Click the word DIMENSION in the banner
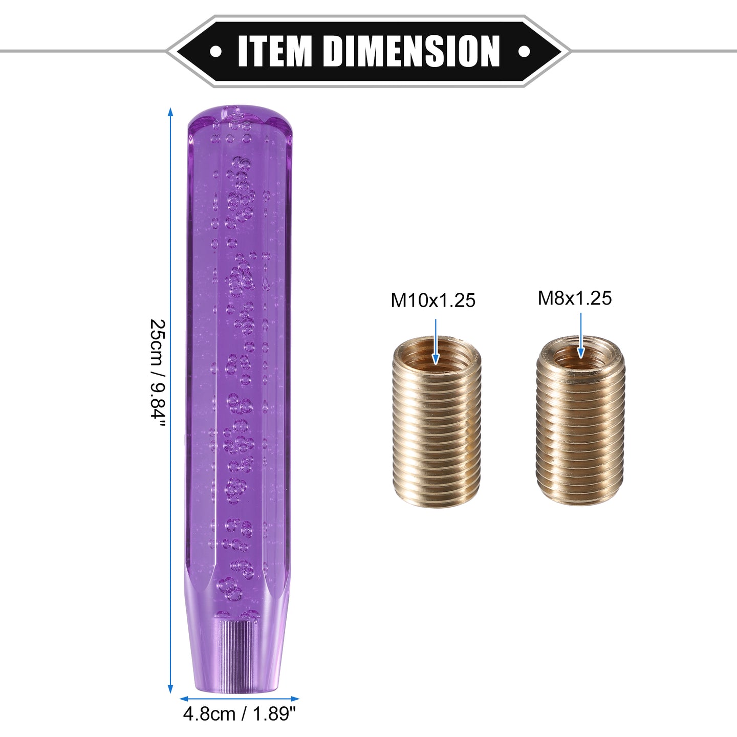[411, 51]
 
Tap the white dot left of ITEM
[215, 51]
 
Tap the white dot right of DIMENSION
[524, 51]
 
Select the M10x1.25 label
[433, 300]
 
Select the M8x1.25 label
[575, 298]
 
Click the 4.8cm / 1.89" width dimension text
[240, 713]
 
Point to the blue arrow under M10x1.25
[435, 341]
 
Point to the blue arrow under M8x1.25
[581, 335]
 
